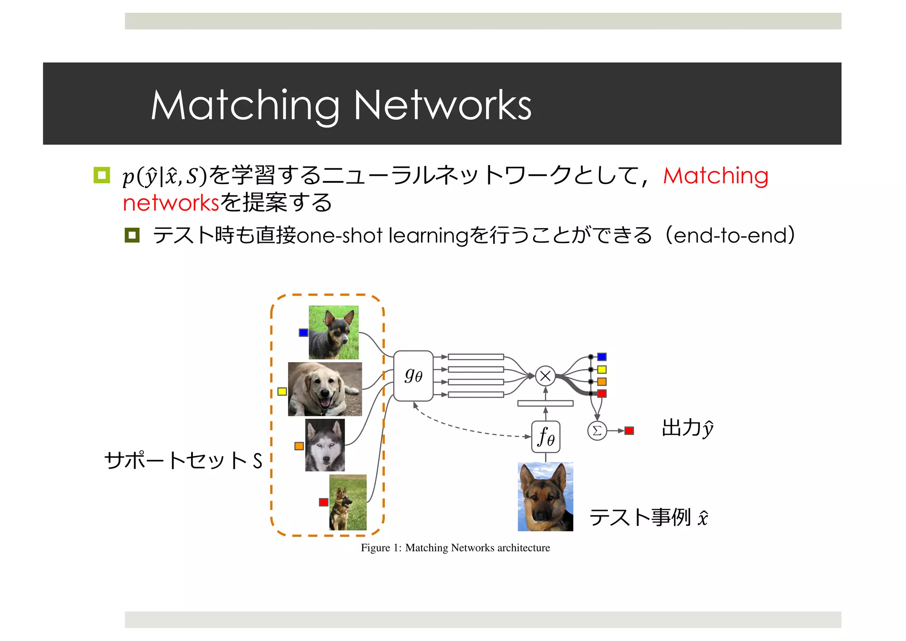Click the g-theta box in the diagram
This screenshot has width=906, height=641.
(413, 376)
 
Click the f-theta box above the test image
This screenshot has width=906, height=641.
(545, 437)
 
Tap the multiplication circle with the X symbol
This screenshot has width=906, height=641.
(545, 376)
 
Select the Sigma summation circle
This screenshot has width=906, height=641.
(597, 431)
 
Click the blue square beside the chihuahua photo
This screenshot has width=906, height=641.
(303, 332)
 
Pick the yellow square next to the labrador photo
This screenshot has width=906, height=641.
(282, 391)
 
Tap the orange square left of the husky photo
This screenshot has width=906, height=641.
(299, 446)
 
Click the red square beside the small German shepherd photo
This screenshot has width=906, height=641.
(323, 502)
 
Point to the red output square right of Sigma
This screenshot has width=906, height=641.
(629, 431)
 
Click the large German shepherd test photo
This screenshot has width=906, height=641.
(545, 497)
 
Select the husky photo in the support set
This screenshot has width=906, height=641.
(325, 445)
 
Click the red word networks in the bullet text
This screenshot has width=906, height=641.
(171, 203)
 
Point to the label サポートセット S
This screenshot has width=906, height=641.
(183, 460)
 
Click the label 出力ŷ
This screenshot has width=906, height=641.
(687, 429)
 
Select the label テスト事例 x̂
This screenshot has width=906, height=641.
(648, 517)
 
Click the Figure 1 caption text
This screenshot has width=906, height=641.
(455, 548)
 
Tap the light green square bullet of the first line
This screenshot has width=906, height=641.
(102, 175)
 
